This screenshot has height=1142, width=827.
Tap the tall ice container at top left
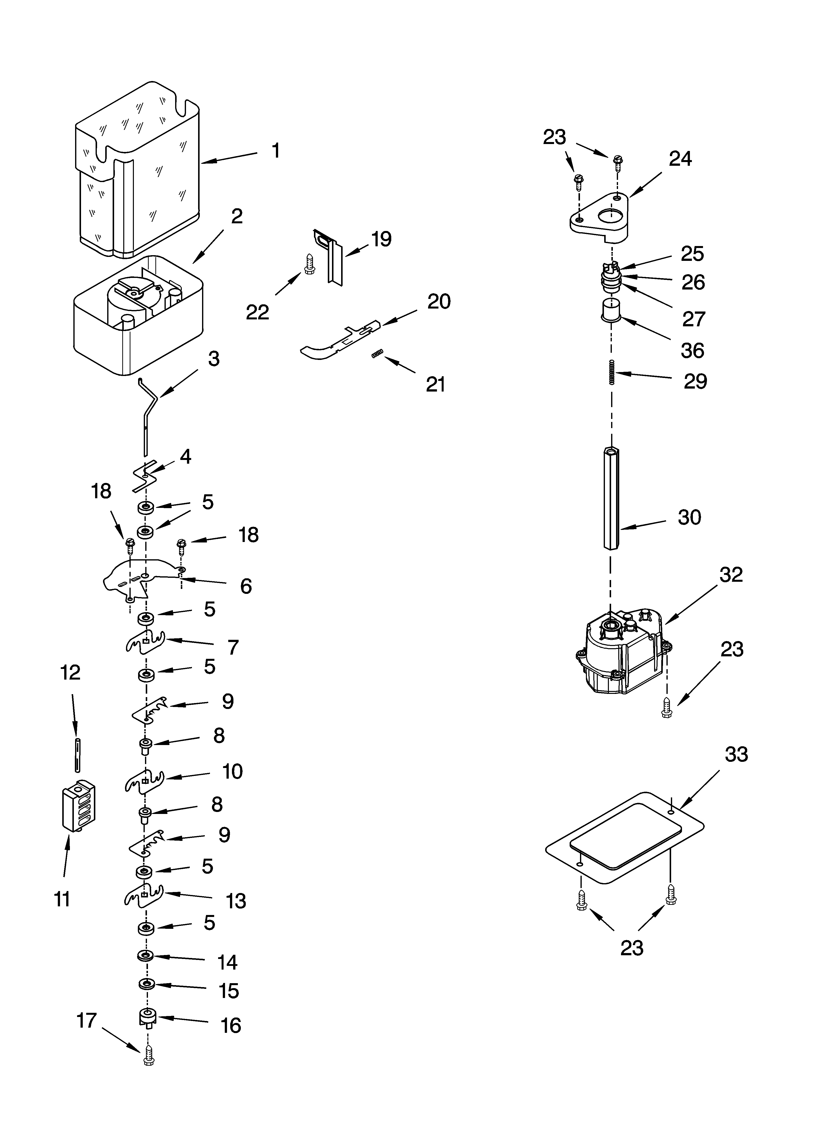point(137,171)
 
